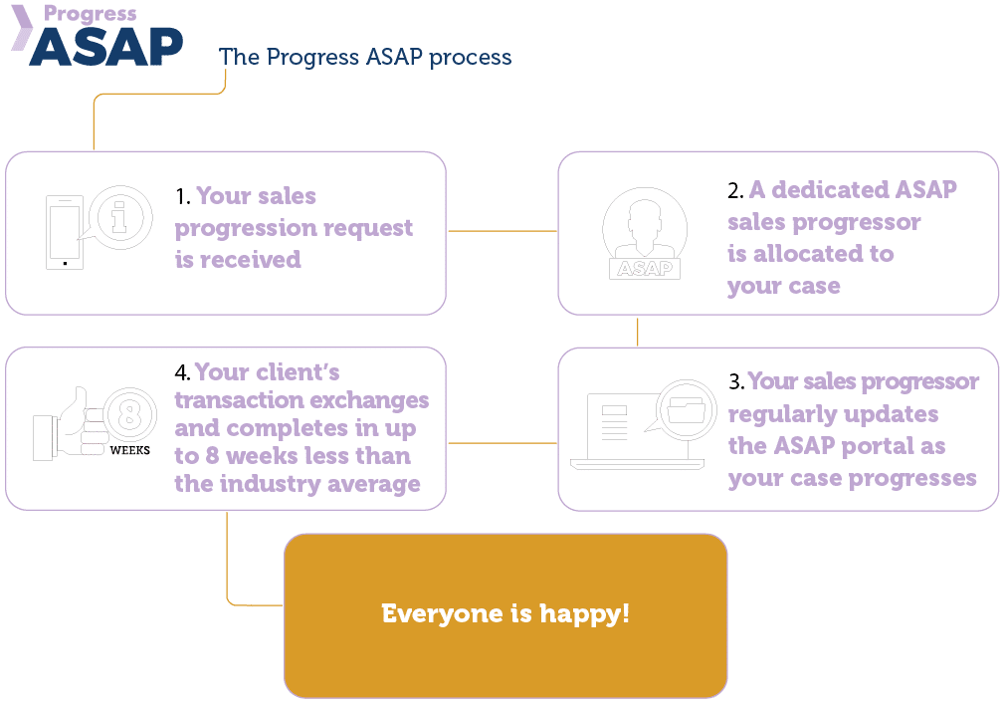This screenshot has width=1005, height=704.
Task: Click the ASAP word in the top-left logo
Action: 106,46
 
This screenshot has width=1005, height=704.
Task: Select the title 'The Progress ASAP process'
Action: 365,57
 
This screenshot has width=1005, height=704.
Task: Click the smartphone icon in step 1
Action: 65,232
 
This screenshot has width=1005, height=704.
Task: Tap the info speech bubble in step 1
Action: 118,216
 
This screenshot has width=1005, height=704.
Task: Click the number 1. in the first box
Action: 183,196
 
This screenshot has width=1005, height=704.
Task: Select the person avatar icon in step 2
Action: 644,227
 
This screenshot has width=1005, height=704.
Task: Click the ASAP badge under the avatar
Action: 644,269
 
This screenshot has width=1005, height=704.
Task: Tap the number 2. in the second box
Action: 736,189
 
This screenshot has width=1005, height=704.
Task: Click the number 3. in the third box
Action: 736,382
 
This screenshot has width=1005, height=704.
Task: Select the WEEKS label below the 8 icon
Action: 129,450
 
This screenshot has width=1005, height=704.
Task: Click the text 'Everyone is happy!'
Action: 505,613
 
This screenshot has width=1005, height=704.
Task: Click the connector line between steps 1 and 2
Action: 502,231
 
